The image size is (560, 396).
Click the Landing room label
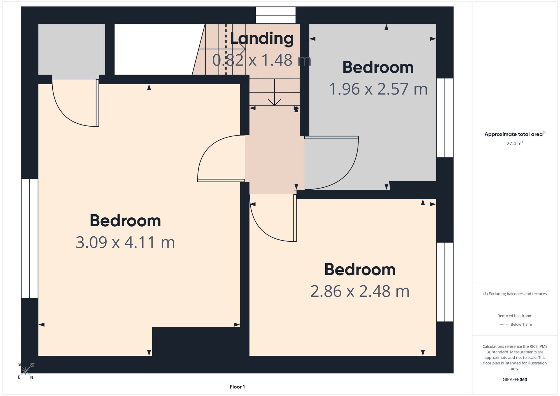coord(262,38)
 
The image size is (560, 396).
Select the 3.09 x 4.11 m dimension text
coord(125,242)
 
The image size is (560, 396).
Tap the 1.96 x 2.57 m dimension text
coord(378,89)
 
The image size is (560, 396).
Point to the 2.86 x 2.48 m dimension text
coord(360,291)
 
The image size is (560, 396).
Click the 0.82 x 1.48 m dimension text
coord(262,60)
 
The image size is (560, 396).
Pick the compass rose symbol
coord(25,371)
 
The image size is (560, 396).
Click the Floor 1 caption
coord(237,387)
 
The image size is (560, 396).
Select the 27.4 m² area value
coord(515,143)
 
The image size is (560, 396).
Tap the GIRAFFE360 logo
coord(515,380)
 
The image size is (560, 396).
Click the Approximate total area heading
coord(515,134)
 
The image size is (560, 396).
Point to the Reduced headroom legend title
coord(515,316)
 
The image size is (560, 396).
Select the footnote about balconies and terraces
coord(515,294)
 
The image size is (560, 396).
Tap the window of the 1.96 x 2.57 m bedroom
coord(445,118)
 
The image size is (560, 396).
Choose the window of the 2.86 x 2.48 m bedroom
coord(445,282)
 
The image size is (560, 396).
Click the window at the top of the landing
coord(276,15)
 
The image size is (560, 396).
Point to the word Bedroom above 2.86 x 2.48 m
coord(360,270)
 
